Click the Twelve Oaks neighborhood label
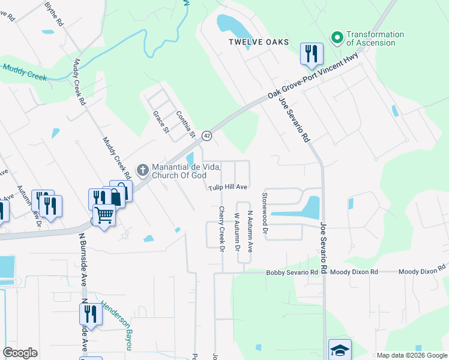pyautogui.click(x=258, y=42)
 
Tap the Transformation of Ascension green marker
pyautogui.click(x=337, y=38)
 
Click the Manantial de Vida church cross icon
pyautogui.click(x=143, y=170)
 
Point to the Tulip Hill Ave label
pyautogui.click(x=228, y=187)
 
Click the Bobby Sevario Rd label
pyautogui.click(x=292, y=272)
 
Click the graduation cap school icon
pyautogui.click(x=340, y=350)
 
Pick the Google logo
pyautogui.click(x=20, y=353)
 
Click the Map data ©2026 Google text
pyautogui.click(x=411, y=355)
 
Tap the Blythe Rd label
pyautogui.click(x=55, y=13)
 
